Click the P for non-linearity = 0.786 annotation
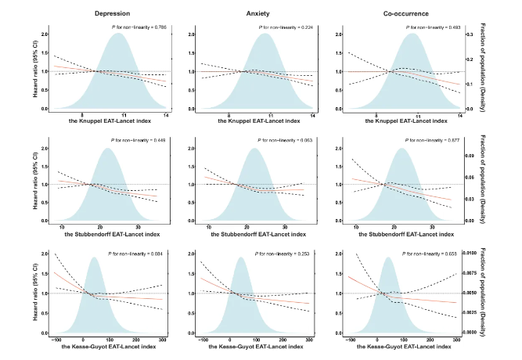(139, 28)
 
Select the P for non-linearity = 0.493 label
(430, 28)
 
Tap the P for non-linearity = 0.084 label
(139, 254)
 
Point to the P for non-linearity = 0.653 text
(430, 254)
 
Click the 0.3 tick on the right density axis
(470, 35)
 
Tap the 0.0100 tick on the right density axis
(474, 254)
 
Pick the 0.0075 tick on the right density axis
(474, 273)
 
